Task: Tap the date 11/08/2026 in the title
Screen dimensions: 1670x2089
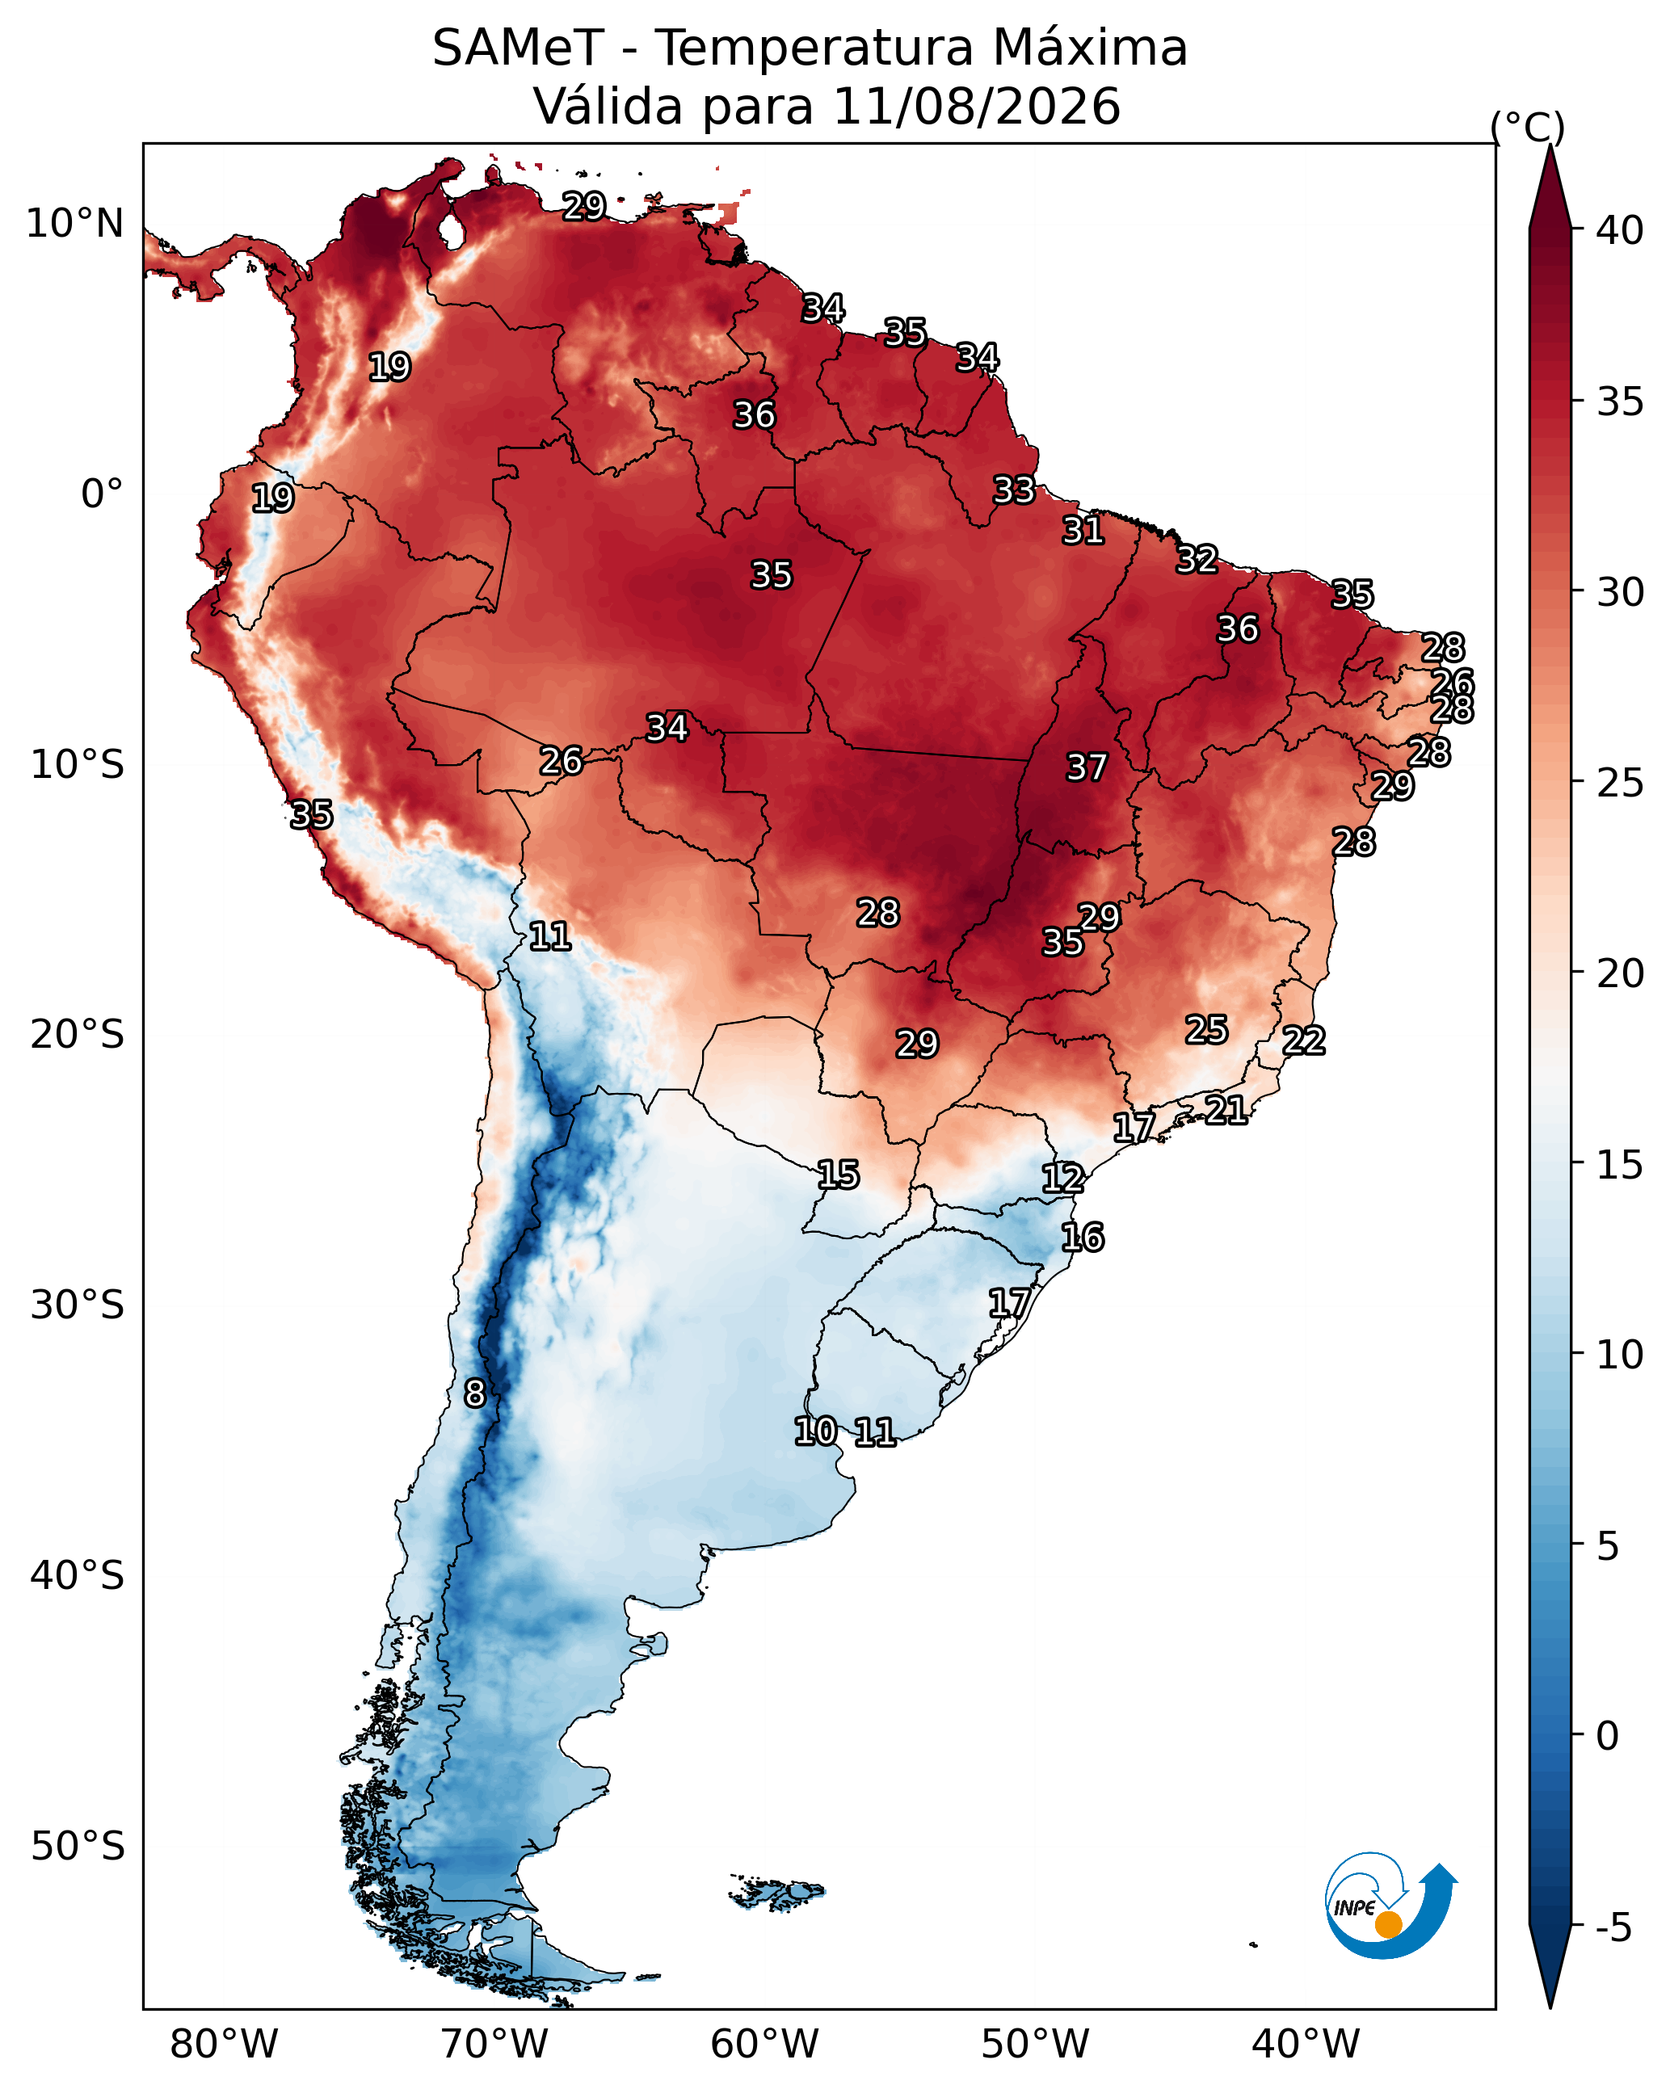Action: pos(976,106)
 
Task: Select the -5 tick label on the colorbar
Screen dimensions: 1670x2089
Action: pos(1613,1927)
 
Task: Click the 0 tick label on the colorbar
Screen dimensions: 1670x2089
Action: pos(1607,1736)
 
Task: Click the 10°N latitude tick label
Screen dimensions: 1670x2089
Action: pos(74,224)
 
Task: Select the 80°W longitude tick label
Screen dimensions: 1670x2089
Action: pos(224,2045)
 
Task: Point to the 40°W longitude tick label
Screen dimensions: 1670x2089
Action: pos(1306,2045)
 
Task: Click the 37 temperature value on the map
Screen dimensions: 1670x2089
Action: pos(1087,767)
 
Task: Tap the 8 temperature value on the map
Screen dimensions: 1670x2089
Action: pos(474,1393)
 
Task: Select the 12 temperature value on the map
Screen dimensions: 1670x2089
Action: pos(1063,1179)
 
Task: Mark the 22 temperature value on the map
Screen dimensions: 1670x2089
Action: pos(1304,1040)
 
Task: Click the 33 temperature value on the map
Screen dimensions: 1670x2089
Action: pos(1014,490)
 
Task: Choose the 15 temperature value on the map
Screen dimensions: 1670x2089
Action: pos(839,1175)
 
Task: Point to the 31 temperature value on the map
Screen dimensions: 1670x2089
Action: pos(1083,531)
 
